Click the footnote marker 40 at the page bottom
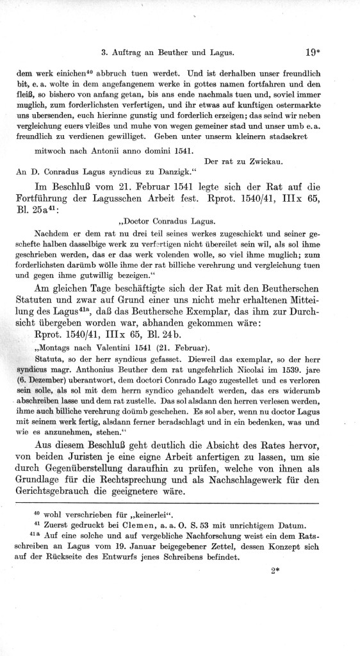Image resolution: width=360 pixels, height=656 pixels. pyautogui.click(x=36, y=512)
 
